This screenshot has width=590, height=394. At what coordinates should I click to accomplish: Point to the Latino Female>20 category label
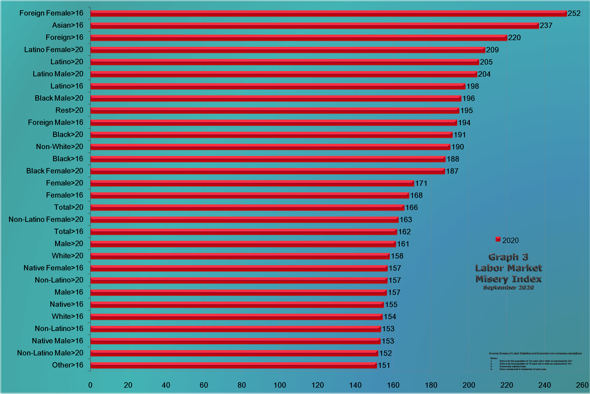(x=53, y=50)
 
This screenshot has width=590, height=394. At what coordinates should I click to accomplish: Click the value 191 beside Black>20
(x=459, y=135)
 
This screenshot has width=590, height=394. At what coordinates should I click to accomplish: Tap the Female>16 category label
(x=64, y=195)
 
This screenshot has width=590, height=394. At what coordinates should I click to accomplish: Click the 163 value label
(x=406, y=220)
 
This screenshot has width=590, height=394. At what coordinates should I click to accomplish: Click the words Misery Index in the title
(x=508, y=279)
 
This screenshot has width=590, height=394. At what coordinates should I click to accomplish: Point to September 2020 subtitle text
(x=508, y=287)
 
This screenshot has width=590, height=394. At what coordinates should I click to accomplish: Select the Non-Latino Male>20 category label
(x=50, y=353)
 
